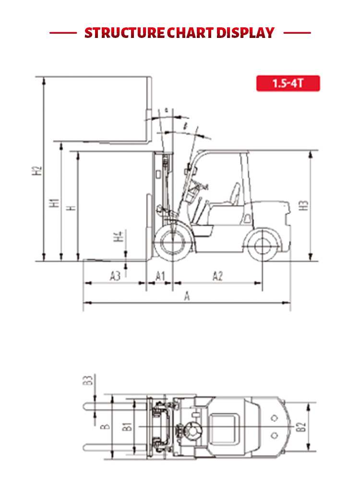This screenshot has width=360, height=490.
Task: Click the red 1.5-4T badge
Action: coord(288,83)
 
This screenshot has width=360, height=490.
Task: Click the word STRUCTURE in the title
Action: coord(124,33)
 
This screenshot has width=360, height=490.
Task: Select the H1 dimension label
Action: coord(55,203)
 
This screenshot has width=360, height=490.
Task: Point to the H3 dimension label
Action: coord(303,205)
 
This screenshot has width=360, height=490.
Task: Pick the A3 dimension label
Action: coord(115,276)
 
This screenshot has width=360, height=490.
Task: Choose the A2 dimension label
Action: coord(217,276)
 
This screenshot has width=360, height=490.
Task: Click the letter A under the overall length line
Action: coord(187,297)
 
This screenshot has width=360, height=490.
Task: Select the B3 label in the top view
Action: coord(87,381)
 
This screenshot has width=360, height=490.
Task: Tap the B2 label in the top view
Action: coord(301,427)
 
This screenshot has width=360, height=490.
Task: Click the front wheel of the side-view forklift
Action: coord(170,244)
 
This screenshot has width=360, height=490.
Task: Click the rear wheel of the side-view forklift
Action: coord(262,245)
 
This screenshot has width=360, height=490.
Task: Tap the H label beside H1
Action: coord(71,208)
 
